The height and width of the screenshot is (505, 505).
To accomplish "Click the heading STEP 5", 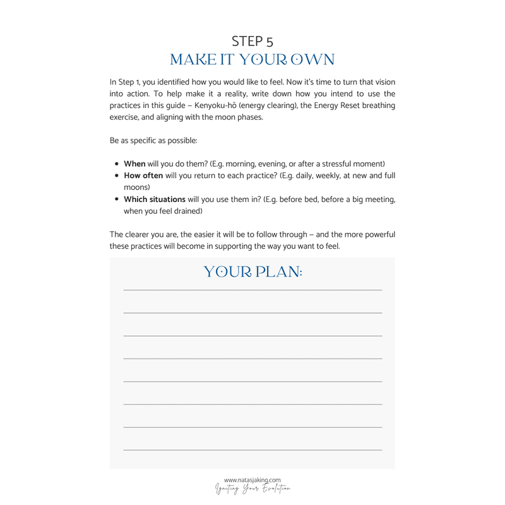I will click(x=252, y=41).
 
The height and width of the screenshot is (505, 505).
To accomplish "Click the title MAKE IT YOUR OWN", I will click(x=252, y=60).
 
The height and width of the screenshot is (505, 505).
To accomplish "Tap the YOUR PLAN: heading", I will click(x=252, y=272).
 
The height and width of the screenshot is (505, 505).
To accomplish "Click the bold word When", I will click(x=134, y=163).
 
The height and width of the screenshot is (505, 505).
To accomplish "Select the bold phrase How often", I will click(x=143, y=175).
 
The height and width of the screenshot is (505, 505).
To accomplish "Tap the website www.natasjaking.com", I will click(x=252, y=480).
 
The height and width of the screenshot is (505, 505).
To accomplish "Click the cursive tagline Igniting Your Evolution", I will click(x=252, y=489).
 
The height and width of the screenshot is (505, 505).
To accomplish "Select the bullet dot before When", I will click(x=117, y=163).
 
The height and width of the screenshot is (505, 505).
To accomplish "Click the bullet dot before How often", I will click(x=117, y=175).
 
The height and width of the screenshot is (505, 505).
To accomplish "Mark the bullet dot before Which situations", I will click(x=117, y=199).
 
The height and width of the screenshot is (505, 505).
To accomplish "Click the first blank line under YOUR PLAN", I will click(x=252, y=290).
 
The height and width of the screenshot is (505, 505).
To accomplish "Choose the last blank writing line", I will click(x=252, y=449).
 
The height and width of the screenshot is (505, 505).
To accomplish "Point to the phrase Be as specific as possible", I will click(x=153, y=140).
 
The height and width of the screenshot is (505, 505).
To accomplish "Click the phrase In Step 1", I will click(x=125, y=81).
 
